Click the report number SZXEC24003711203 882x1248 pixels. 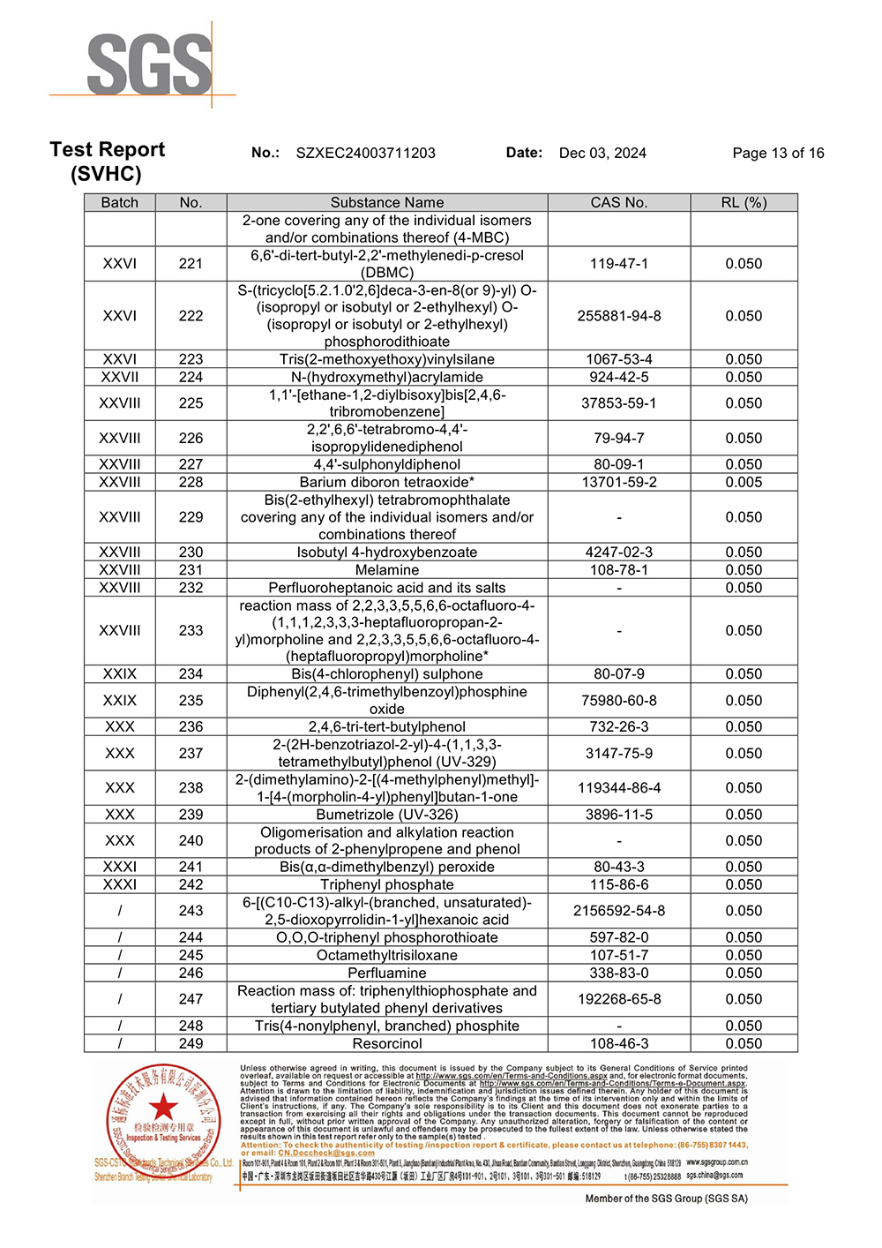tap(365, 153)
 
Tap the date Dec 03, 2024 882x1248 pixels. tap(602, 153)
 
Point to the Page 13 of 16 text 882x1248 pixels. tap(778, 153)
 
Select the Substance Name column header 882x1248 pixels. tap(387, 202)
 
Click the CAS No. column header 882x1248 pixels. tap(618, 202)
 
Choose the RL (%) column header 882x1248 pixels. tap(744, 202)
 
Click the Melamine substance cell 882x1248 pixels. tap(387, 570)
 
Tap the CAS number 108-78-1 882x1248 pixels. tap(618, 570)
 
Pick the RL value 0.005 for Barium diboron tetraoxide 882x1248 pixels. tap(744, 482)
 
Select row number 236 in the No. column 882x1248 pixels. tap(191, 726)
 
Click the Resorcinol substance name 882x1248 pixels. tap(387, 1043)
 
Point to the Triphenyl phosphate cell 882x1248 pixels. tap(387, 884)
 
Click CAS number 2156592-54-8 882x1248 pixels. tap(618, 911)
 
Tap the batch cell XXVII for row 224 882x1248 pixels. tap(120, 377)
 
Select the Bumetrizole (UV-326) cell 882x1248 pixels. tap(387, 815)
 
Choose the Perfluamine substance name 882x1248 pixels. tap(387, 973)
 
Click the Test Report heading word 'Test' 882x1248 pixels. tap(71, 149)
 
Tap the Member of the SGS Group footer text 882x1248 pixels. tap(666, 1199)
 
